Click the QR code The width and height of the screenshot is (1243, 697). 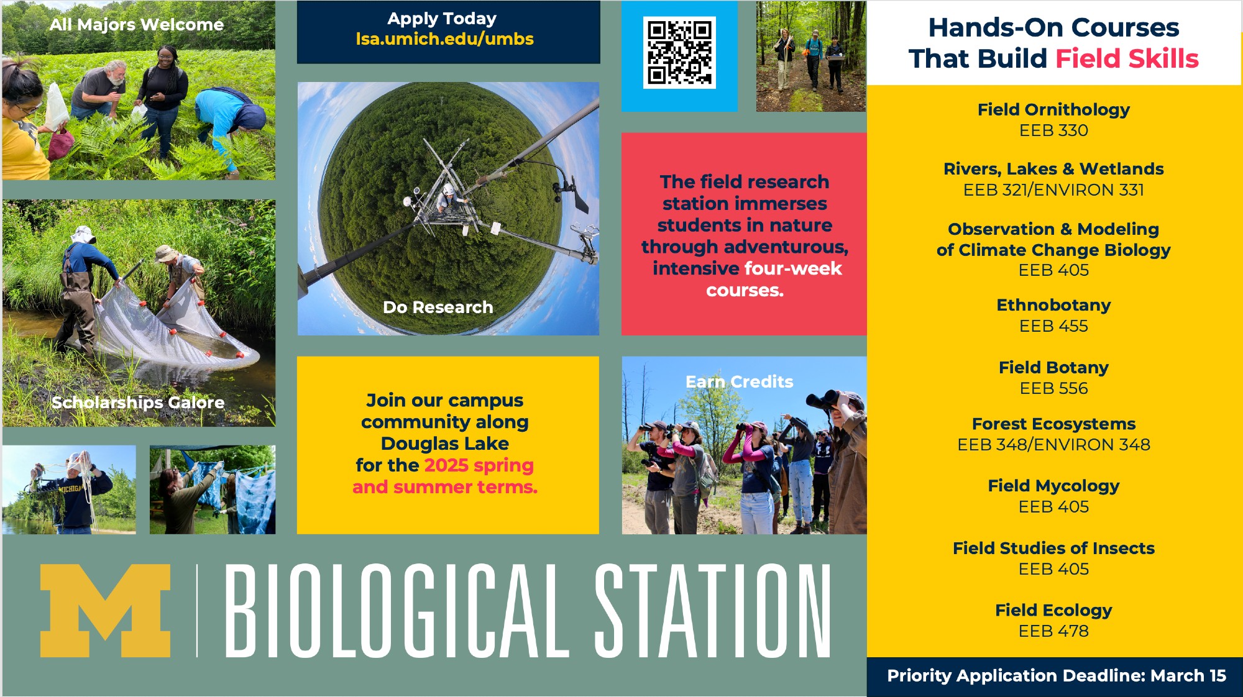(679, 52)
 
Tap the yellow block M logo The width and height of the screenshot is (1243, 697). (105, 611)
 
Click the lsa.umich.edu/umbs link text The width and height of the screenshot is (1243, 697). (444, 39)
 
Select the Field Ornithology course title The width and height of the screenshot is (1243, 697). (1053, 109)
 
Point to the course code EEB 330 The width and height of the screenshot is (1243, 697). (1053, 130)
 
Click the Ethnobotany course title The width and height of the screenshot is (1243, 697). (1053, 305)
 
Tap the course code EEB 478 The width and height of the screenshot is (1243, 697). (1053, 631)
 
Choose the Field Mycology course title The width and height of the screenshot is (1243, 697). (1053, 486)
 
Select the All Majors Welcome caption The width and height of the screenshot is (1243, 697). (137, 25)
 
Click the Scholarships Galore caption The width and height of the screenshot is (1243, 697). (138, 403)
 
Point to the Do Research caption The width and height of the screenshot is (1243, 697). (438, 307)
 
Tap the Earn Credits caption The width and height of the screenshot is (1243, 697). (739, 381)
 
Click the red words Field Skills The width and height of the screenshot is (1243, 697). (1127, 58)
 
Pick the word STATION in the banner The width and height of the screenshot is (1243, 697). (713, 611)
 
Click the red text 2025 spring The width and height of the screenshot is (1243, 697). (479, 465)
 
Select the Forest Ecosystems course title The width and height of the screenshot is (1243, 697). (1053, 424)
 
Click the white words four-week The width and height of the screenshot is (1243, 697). (794, 268)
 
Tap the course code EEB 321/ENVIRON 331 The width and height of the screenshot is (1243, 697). (1053, 190)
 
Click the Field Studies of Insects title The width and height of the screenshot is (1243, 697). (1053, 548)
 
